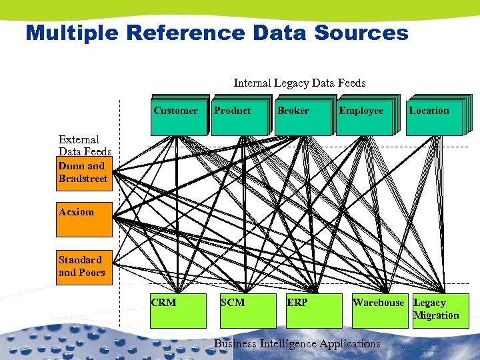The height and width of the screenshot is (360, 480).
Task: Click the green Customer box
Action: click(176, 115)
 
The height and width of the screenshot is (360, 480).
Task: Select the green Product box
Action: click(237, 115)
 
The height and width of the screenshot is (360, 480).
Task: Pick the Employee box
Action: click(364, 115)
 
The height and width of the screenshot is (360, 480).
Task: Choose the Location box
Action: click(433, 115)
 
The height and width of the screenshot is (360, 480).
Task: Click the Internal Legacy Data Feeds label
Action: click(299, 83)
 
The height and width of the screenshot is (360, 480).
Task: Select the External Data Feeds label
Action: click(85, 145)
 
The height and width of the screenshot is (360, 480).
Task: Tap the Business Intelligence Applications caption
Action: click(297, 344)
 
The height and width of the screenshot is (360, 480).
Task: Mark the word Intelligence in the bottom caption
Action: click(287, 344)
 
